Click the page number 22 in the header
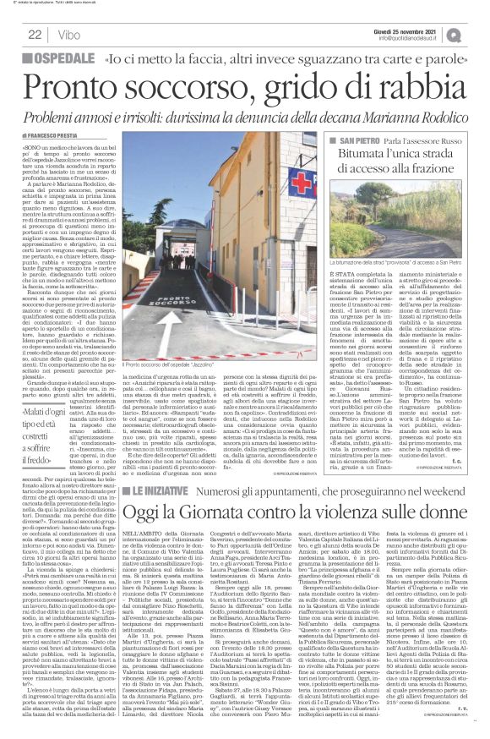click(35, 35)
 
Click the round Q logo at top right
click(478, 32)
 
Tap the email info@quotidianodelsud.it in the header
click(422, 38)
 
